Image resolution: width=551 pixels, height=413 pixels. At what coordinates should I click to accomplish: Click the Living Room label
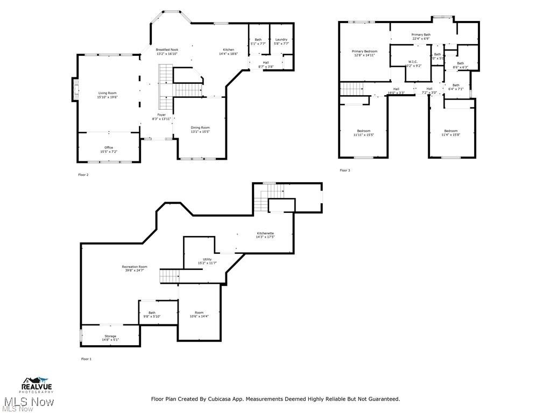coord(107,93)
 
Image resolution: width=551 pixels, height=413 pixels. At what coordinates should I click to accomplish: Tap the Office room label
coord(109,147)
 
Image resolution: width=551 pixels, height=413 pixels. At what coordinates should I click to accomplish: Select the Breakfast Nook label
coord(167,49)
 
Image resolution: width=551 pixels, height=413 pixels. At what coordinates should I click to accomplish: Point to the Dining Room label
coord(200,127)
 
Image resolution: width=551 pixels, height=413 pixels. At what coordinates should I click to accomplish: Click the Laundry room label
coord(281,39)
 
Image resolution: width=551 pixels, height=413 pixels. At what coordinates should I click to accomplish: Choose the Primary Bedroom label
coord(365,51)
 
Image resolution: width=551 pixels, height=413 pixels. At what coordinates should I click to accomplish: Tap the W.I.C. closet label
coord(413,61)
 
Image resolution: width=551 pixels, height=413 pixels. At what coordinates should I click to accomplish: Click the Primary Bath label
coord(421,34)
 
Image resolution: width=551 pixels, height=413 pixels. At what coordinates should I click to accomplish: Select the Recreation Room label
coord(135,267)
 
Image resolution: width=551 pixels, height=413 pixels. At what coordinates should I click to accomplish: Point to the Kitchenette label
coord(265,233)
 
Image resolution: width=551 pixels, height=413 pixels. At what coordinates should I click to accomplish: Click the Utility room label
coord(207,259)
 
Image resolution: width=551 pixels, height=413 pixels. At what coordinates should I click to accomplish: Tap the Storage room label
coord(110,336)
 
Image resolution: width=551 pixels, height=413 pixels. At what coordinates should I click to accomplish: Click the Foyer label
coord(161,115)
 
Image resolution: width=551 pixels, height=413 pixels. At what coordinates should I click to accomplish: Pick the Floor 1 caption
coord(86,359)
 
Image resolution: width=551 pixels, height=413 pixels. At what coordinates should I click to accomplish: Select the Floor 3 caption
coord(344,170)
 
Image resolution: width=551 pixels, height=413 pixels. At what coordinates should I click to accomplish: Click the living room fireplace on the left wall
coord(75,90)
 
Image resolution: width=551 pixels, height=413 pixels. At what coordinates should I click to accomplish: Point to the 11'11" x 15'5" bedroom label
coord(364,131)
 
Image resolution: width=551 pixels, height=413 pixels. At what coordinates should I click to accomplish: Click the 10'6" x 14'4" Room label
coord(199,312)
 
